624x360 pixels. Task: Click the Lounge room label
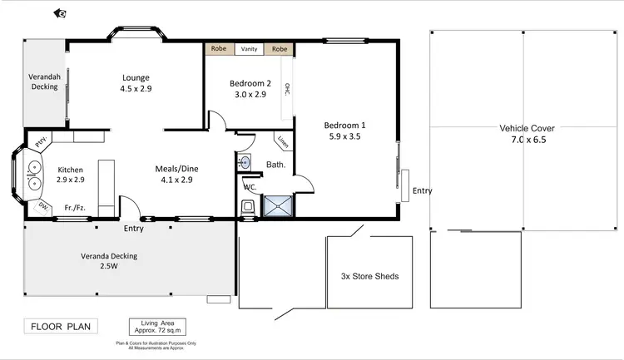pyautogui.click(x=136, y=76)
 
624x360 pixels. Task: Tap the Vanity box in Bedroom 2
pyautogui.click(x=249, y=49)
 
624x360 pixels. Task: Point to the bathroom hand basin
pyautogui.click(x=245, y=162)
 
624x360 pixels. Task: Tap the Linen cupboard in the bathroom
pyautogui.click(x=284, y=142)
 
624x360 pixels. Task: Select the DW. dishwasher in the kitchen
pyautogui.click(x=42, y=206)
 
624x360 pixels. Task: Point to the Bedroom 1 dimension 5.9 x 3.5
pyautogui.click(x=344, y=137)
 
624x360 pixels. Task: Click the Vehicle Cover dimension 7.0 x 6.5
pyautogui.click(x=527, y=141)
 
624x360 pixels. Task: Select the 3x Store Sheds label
pyautogui.click(x=370, y=277)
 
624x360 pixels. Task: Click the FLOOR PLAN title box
pyautogui.click(x=62, y=326)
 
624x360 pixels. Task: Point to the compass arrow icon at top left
pyautogui.click(x=60, y=12)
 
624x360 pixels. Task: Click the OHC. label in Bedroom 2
pyautogui.click(x=287, y=90)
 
